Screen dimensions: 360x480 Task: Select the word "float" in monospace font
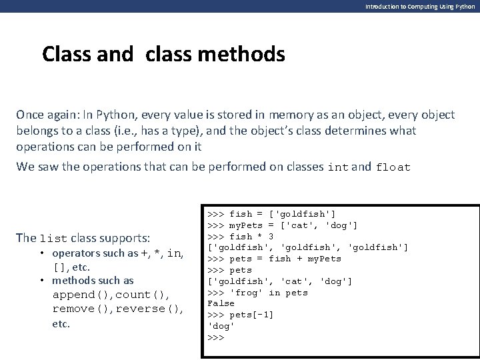[x=394, y=168]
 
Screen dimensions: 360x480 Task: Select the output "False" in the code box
[x=221, y=303]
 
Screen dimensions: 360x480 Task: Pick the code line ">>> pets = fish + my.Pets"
[x=274, y=259]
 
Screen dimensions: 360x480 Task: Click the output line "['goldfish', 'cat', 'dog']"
[x=280, y=281]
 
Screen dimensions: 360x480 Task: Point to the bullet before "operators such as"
[x=42, y=253]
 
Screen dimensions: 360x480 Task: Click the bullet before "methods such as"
[x=42, y=281]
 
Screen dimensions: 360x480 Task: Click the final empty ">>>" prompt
[x=215, y=337]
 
